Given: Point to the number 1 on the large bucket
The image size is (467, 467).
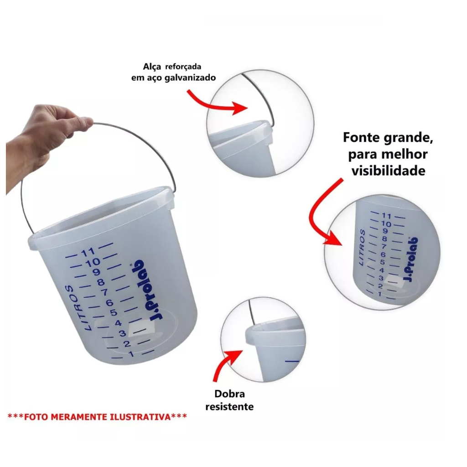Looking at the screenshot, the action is click(131, 354).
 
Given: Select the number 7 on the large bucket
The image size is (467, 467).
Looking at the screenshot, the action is click(105, 292).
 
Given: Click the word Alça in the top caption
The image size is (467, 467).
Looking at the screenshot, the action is click(152, 67).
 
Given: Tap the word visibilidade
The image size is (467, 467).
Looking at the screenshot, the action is click(389, 171).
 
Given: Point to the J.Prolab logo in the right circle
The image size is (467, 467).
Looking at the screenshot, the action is click(410, 259).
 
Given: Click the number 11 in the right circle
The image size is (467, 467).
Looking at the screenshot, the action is click(386, 216).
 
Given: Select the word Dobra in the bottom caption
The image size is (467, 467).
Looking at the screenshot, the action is click(230, 394).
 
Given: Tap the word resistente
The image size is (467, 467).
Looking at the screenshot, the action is click(229, 406).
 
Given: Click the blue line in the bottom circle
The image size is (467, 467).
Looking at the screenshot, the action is click(292, 361).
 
